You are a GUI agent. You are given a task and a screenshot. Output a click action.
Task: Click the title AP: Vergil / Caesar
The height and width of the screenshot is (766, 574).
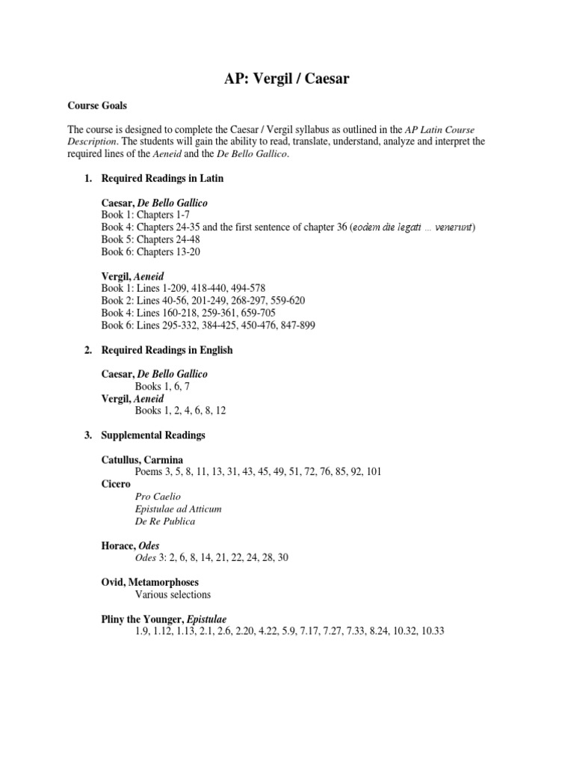pyautogui.click(x=287, y=80)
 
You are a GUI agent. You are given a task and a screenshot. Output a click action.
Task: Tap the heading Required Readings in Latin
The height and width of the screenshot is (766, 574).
pyautogui.click(x=162, y=179)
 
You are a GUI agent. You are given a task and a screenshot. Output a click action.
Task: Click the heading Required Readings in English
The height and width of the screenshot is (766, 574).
pyautogui.click(x=167, y=349)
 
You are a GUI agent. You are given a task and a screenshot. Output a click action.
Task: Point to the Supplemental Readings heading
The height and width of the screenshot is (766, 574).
pyautogui.click(x=153, y=435)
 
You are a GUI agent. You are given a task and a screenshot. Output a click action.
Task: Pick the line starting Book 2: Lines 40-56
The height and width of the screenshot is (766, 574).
pyautogui.click(x=203, y=300)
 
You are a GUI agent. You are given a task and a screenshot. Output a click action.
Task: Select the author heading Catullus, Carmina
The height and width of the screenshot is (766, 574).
pyautogui.click(x=142, y=459)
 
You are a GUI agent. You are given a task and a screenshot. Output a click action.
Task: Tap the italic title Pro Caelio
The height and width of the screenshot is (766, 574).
pyautogui.click(x=158, y=496)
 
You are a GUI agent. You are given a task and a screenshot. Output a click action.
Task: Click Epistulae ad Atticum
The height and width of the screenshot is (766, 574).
pyautogui.click(x=178, y=509)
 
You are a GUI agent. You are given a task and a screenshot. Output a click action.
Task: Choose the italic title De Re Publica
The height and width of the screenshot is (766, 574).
pyautogui.click(x=165, y=521)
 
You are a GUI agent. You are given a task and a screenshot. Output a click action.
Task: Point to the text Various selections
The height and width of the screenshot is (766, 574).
pyautogui.click(x=173, y=594)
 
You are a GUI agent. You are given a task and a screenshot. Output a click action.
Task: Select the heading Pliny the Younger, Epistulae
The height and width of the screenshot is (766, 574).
pyautogui.click(x=164, y=619)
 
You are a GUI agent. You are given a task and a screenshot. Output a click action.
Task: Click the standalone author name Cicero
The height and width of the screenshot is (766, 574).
pyautogui.click(x=115, y=484)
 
